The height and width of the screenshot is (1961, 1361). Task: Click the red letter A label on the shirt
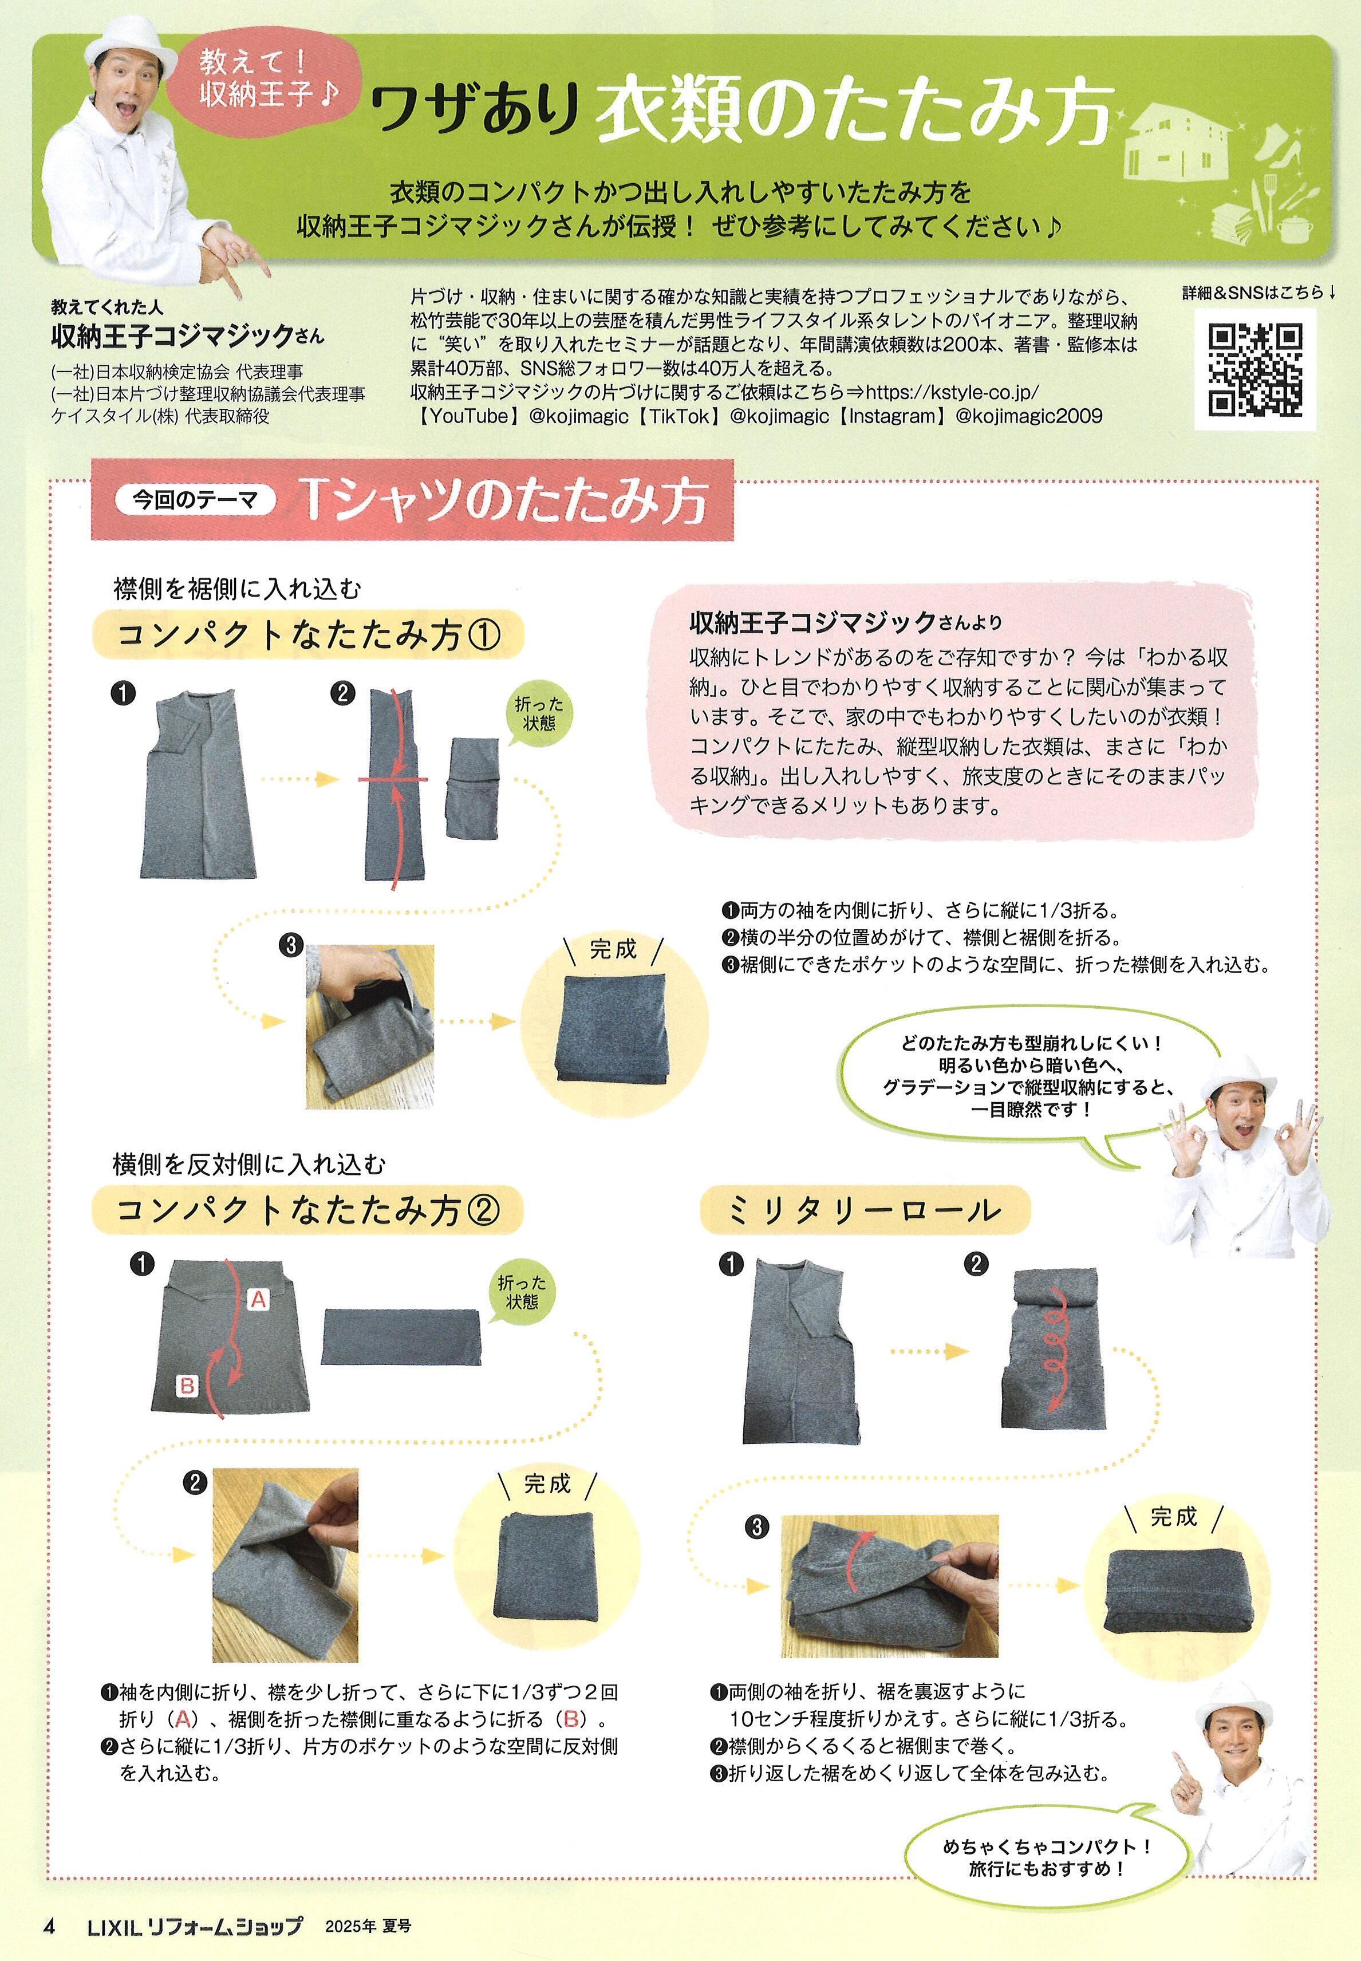coord(258,1299)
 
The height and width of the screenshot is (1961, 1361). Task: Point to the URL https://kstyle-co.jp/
coord(953,392)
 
